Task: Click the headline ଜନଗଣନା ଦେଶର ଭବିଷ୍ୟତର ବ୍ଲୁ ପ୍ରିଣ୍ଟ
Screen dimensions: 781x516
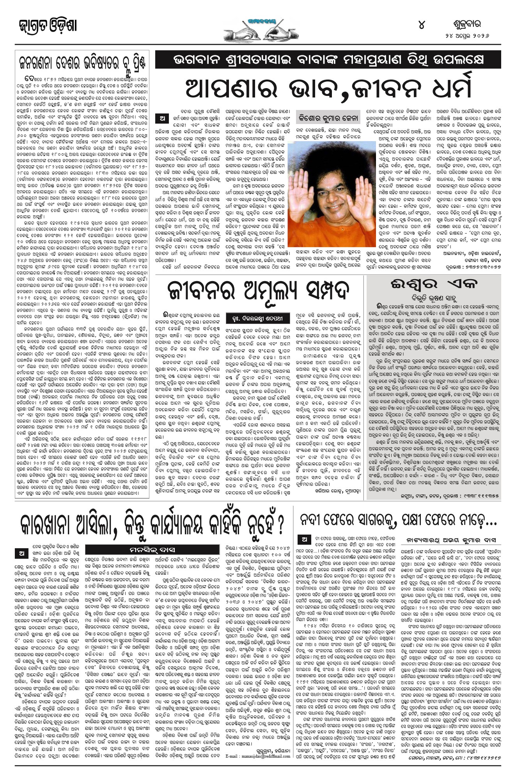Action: click(x=83, y=62)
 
